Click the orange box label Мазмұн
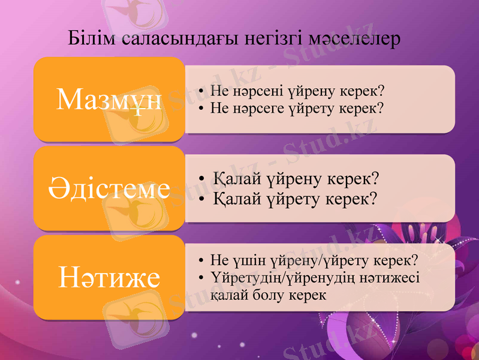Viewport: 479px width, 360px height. (109, 100)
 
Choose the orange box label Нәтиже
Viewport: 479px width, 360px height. (109, 277)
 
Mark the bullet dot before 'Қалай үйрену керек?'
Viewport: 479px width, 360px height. (204, 179)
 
